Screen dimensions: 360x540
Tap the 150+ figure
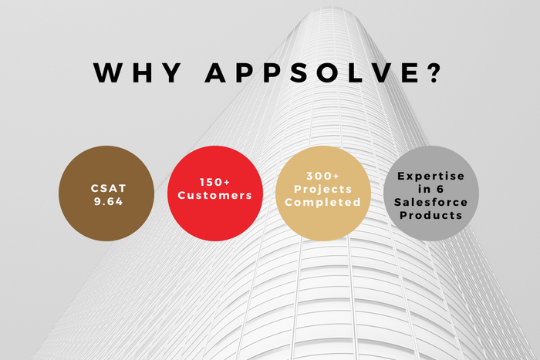[215, 183]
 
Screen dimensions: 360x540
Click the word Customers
[215, 196]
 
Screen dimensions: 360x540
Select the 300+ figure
[322, 177]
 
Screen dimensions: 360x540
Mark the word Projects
[322, 190]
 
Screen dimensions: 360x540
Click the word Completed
[322, 203]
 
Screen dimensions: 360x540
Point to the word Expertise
[431, 176]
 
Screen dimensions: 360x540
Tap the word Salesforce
[431, 202]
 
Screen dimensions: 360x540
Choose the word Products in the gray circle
[431, 215]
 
